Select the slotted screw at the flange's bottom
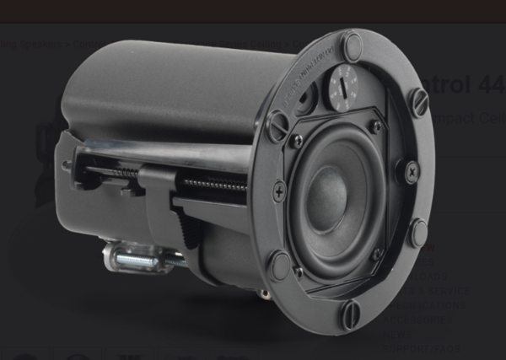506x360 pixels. click(351, 314)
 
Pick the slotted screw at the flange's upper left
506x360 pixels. click(277, 126)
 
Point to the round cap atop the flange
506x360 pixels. click(352, 46)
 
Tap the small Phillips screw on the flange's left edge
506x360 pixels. click(279, 192)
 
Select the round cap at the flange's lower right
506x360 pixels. click(417, 233)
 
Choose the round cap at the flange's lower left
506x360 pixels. click(279, 266)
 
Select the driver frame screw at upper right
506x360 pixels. click(374, 126)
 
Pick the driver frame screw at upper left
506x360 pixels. click(297, 142)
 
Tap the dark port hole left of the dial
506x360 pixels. click(304, 96)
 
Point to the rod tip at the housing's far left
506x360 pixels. click(66, 165)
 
